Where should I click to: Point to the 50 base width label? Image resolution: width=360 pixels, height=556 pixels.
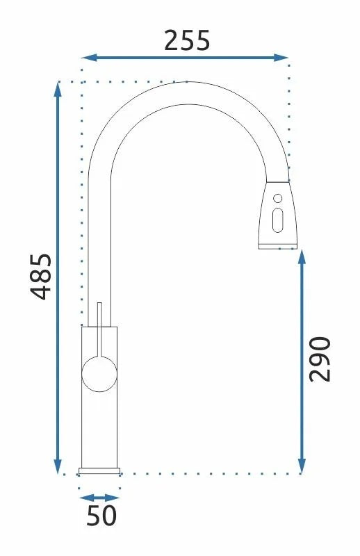101,516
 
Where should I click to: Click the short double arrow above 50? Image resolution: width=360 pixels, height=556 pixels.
100,498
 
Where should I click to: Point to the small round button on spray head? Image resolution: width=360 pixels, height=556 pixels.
277,197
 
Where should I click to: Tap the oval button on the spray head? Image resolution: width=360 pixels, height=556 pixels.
278,222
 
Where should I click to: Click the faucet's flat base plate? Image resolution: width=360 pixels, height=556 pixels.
100,471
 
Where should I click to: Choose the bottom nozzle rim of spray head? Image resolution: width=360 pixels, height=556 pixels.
279,245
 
